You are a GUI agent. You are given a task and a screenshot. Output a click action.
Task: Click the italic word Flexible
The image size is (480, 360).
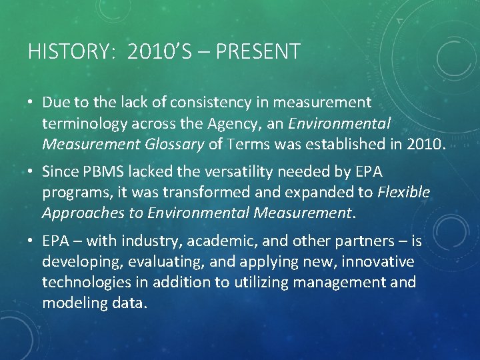(x=404, y=193)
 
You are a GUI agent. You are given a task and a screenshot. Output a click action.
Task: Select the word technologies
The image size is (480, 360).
(x=87, y=282)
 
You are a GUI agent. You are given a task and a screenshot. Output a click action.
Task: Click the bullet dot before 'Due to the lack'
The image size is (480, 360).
(x=32, y=103)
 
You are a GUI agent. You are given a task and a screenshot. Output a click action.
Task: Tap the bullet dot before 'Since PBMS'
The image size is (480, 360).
(x=32, y=171)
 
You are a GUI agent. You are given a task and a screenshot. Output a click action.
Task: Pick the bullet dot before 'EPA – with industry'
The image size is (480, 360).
(x=32, y=241)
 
